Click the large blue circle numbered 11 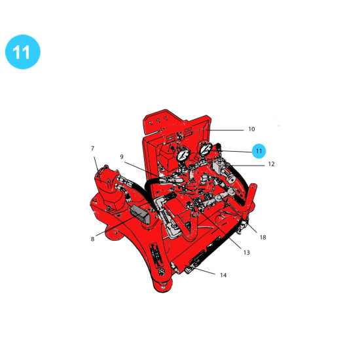point(23,52)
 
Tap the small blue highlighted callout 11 point(259,151)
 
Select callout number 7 point(92,149)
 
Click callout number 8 point(92,239)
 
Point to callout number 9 point(122,156)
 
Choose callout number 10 point(251,129)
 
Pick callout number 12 point(271,164)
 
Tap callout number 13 point(247,253)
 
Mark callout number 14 point(223,275)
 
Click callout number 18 point(262,237)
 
